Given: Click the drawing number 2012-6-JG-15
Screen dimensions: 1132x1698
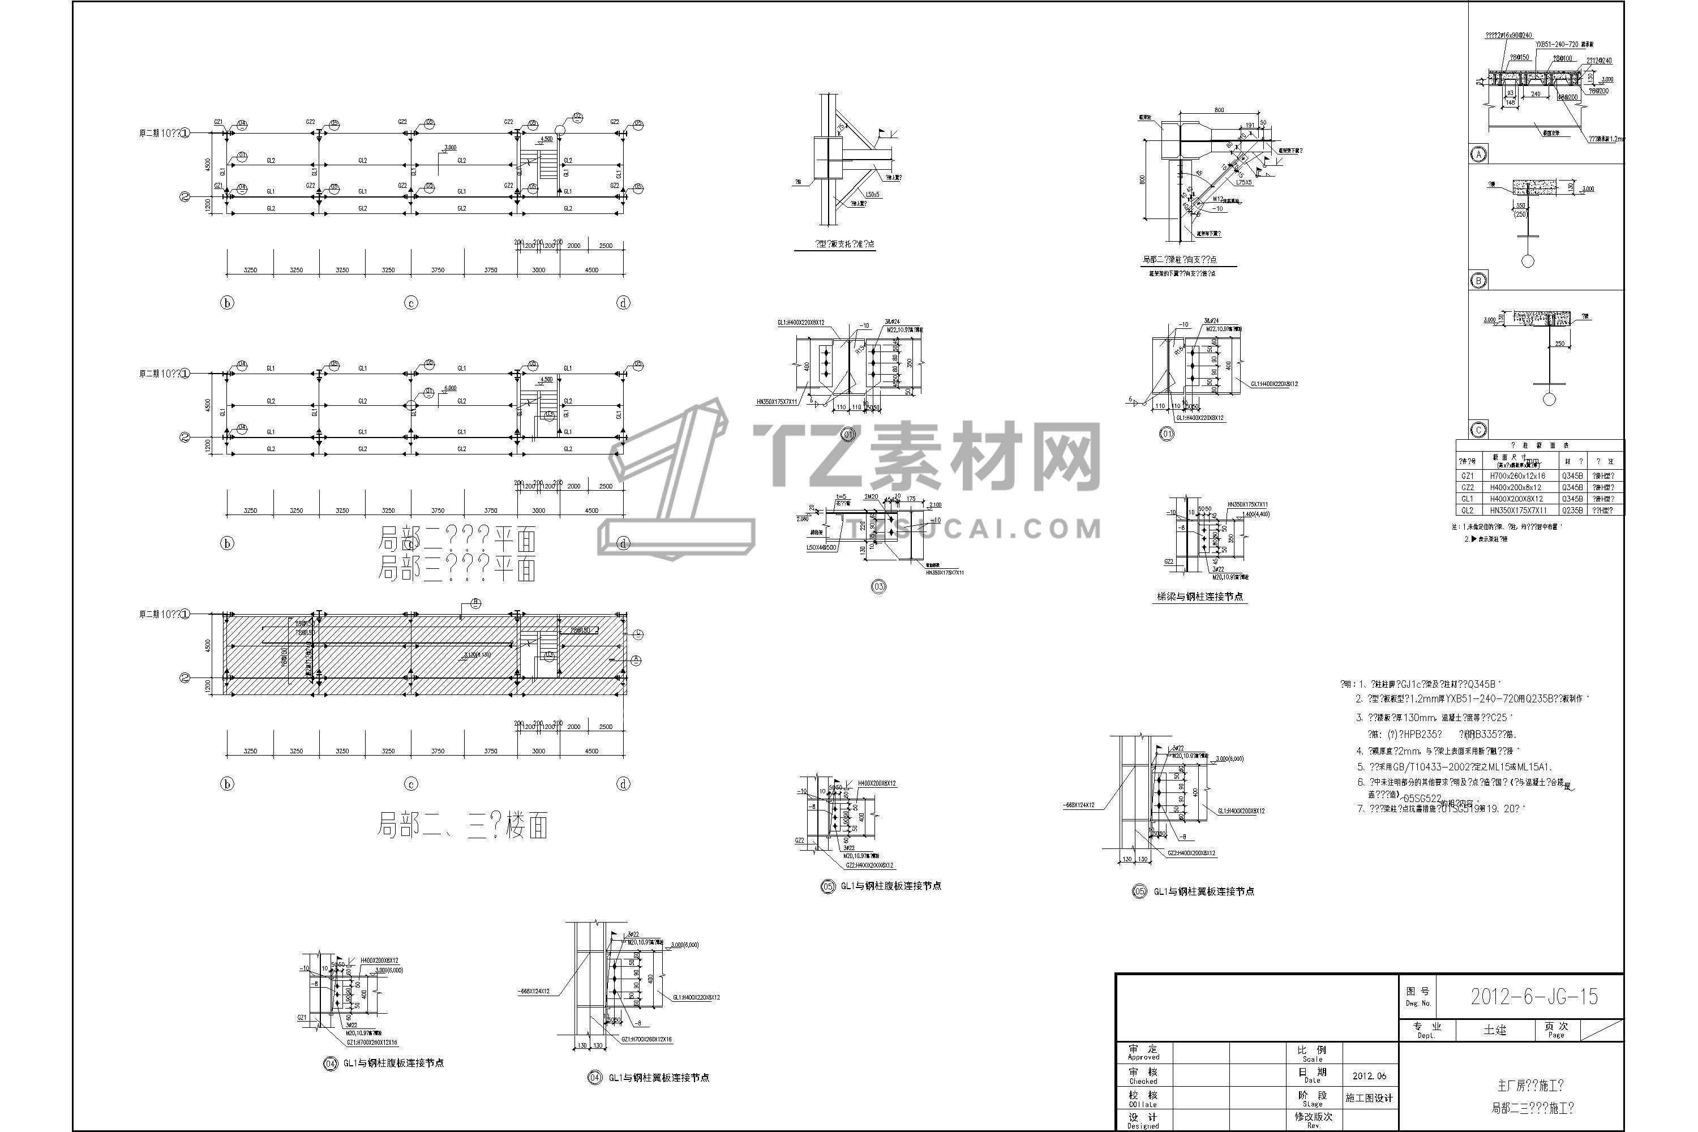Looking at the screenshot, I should coord(1534,997).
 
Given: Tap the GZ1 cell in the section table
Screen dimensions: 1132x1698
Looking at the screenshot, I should coord(1467,477).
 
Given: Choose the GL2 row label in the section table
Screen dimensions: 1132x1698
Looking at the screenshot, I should coord(1467,511).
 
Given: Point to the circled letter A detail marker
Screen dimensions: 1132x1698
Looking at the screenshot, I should coord(1478,154).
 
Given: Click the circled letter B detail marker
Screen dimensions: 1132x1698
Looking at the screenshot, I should coord(1478,281).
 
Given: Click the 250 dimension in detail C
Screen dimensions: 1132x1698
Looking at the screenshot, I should coord(1559,344).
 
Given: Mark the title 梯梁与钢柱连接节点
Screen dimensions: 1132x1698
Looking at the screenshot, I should coord(1199,597).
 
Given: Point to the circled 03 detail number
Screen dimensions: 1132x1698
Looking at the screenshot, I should coord(878,587).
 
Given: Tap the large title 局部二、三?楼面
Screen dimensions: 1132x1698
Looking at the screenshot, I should coord(462,825).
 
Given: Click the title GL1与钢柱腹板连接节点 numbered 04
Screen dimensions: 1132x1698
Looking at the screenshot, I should coord(393,1063).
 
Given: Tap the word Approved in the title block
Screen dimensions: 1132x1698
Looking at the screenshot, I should coord(1143,1057).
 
